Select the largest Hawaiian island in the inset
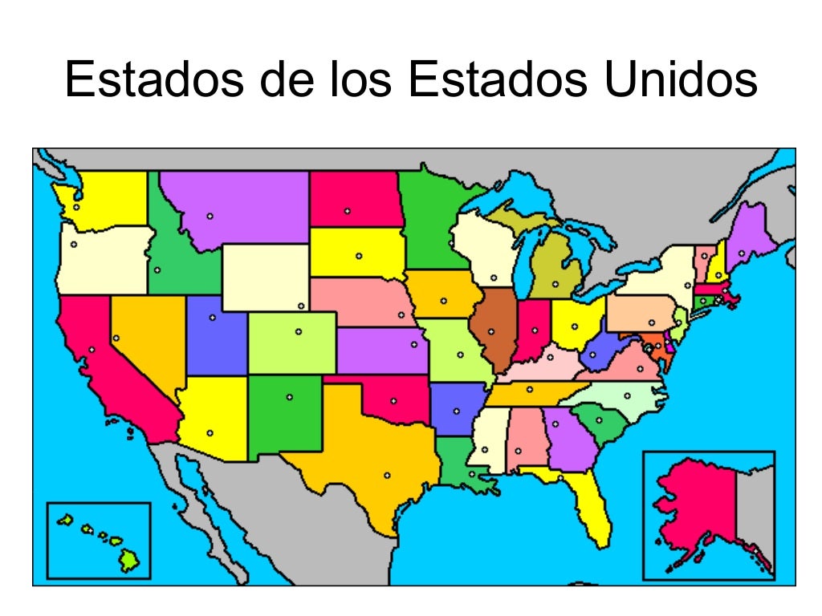pos(129,562)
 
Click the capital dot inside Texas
pos(387,476)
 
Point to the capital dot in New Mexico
pos(290,396)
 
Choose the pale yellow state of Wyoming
pos(265,277)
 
